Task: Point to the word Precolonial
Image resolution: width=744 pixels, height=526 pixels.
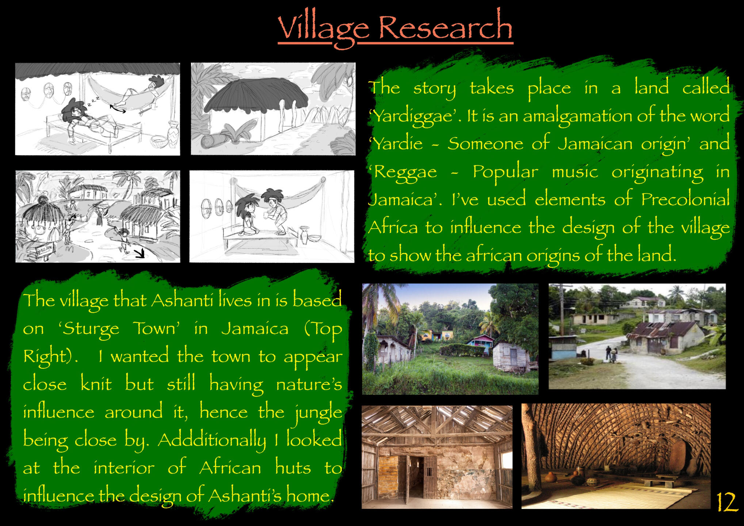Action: (685, 199)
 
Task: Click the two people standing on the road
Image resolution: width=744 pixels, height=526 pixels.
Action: (611, 354)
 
